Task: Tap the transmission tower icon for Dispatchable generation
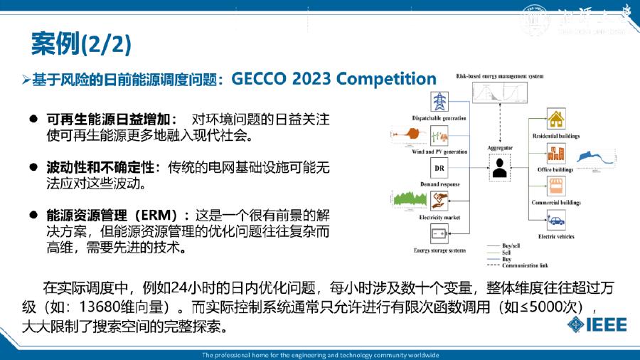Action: (x=439, y=101)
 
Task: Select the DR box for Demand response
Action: (x=439, y=168)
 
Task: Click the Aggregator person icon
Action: (x=500, y=169)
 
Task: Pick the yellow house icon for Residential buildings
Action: (x=555, y=119)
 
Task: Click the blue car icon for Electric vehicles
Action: (x=555, y=221)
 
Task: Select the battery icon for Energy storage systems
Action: (x=439, y=233)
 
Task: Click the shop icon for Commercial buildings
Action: (x=555, y=187)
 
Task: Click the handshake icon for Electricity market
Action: (x=439, y=201)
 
